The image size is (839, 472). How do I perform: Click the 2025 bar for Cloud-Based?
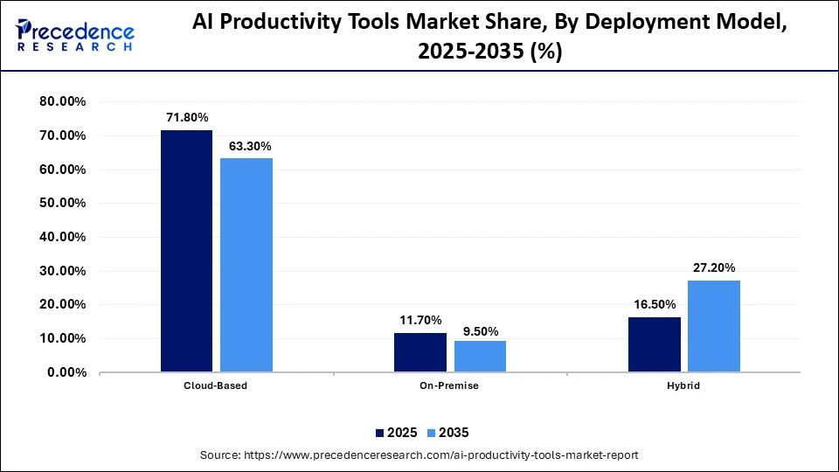pos(186,251)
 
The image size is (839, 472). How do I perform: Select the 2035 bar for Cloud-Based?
pos(246,265)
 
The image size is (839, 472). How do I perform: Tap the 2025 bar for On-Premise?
pos(420,352)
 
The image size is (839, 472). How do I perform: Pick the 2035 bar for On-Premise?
pos(480,356)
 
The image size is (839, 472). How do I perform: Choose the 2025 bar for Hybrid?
pos(654,344)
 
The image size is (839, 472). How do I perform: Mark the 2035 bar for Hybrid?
pos(714,326)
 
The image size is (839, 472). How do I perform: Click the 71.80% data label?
pos(186,116)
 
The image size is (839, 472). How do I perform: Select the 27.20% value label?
pos(714,267)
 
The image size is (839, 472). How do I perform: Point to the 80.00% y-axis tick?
pos(62,101)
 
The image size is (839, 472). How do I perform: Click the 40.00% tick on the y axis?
pos(62,237)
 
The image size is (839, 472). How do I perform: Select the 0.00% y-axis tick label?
pos(66,372)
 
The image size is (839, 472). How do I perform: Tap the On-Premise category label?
pos(450,385)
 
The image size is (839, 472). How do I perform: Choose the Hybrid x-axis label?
pos(683,385)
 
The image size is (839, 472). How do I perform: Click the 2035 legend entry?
pos(447,433)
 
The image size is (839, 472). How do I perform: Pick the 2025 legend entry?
pos(396,433)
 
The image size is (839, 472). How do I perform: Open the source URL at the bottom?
pos(419,455)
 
